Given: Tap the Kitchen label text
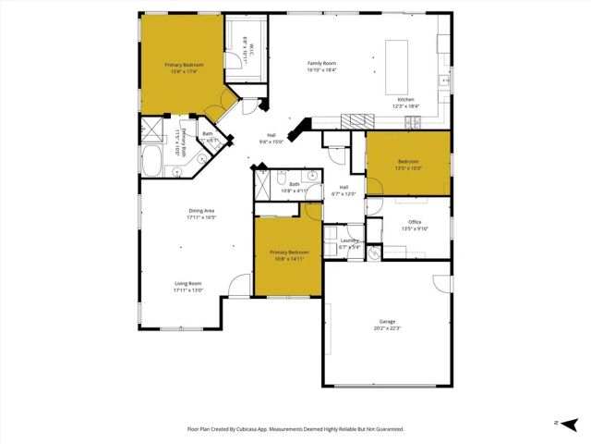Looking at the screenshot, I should [x=405, y=100].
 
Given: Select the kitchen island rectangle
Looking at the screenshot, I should [x=397, y=59].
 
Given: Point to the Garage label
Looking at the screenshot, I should [x=387, y=321].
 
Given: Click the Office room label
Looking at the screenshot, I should [x=416, y=222].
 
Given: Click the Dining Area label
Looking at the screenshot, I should [x=200, y=212].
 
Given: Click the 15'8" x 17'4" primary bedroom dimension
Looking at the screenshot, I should [x=184, y=71].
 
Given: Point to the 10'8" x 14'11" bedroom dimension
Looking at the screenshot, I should [x=287, y=259].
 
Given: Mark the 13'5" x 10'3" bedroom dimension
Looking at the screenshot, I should [x=407, y=169].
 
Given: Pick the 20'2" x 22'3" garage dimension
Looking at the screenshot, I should [x=387, y=328].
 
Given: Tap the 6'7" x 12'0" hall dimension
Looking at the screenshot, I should [x=344, y=194].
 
